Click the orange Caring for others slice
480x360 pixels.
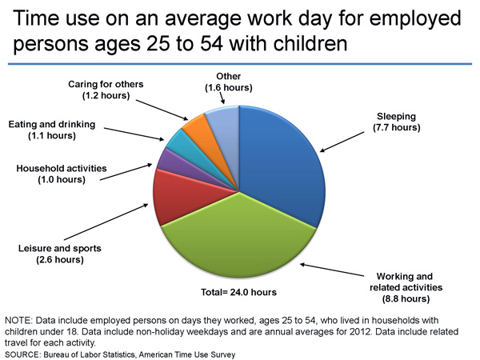click(196, 126)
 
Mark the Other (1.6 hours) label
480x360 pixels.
click(222, 82)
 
